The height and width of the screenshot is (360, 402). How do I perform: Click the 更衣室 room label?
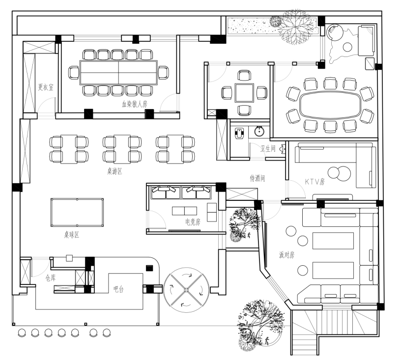point(46,87)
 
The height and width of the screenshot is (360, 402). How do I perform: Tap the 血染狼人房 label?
point(134,104)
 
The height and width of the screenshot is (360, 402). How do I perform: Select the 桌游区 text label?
point(115,171)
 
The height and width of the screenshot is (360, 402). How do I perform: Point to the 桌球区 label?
point(72,234)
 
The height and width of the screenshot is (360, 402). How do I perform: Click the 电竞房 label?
point(193,222)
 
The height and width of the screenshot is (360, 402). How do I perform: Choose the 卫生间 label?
point(268,148)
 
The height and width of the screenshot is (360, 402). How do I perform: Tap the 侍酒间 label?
point(258,178)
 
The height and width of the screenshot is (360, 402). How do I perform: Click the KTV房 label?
point(315,182)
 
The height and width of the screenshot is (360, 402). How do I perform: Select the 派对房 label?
point(287,255)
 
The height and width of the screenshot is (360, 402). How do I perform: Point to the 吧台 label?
point(118,289)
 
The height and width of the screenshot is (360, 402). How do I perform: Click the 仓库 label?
point(51,278)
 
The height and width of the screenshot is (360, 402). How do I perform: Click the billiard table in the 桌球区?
point(77,212)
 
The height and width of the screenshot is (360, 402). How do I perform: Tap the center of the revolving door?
point(186,290)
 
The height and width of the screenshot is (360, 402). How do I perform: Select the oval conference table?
point(330,105)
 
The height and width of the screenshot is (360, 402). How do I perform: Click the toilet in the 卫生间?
point(239,133)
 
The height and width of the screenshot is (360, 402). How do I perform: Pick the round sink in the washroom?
point(259,131)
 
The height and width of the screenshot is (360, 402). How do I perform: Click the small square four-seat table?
point(244,92)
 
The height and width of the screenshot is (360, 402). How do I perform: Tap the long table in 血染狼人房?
point(119,73)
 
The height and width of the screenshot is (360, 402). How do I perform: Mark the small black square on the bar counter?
point(149,268)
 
